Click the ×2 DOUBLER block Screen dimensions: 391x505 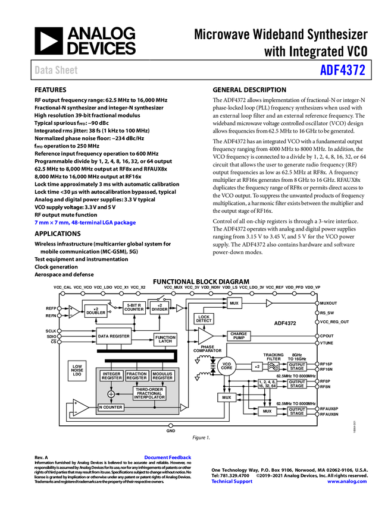point(96,311)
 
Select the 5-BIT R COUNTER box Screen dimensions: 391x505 point(134,307)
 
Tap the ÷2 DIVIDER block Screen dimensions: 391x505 point(159,307)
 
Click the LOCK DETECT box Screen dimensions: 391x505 point(204,318)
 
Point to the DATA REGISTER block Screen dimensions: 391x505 point(114,336)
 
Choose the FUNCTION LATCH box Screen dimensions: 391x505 point(165,339)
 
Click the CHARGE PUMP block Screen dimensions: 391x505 point(239,336)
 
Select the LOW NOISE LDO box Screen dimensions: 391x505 point(77,370)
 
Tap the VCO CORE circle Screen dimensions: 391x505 point(226,367)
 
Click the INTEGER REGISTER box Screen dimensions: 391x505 point(111,375)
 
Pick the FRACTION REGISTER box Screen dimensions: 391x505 point(137,375)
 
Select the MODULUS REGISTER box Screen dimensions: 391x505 point(162,375)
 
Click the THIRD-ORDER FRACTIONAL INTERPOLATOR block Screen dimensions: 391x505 point(149,393)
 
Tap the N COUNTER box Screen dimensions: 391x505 point(111,408)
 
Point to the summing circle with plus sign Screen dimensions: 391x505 point(111,394)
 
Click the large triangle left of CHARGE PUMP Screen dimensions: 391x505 point(205,336)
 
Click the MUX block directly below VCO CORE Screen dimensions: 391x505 point(226,397)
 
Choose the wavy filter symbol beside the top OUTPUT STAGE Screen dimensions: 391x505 point(274,367)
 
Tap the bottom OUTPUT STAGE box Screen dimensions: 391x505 point(297,411)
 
